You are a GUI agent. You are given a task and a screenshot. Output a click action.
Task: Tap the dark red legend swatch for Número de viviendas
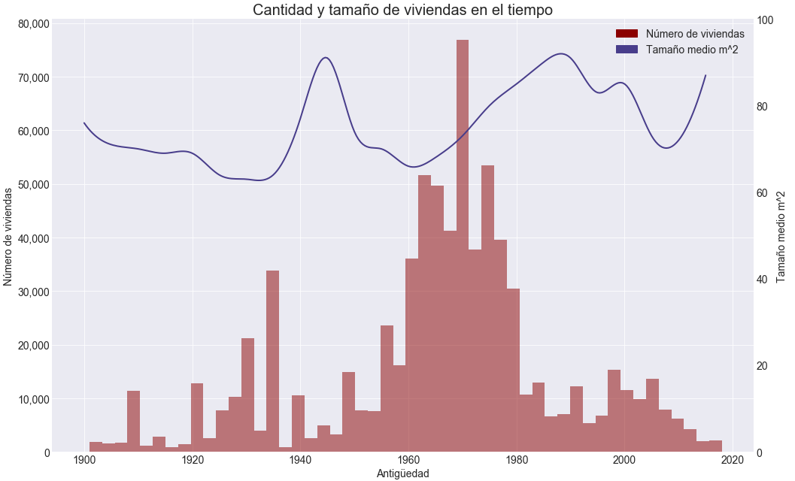tap(627, 34)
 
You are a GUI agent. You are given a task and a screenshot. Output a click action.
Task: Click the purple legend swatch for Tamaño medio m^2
tap(627, 49)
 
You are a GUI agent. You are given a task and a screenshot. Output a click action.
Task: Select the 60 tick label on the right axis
tap(763, 193)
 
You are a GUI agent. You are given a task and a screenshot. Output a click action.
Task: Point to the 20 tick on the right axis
tap(763, 366)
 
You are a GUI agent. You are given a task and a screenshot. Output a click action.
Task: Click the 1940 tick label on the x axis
tap(300, 460)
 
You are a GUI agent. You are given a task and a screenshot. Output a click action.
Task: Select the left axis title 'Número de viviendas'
tap(8, 237)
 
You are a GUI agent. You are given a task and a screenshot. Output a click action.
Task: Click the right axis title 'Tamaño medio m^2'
tap(781, 237)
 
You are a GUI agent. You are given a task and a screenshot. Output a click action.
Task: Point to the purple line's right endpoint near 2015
tap(705, 75)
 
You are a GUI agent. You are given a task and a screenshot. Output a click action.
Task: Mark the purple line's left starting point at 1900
tap(84, 123)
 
